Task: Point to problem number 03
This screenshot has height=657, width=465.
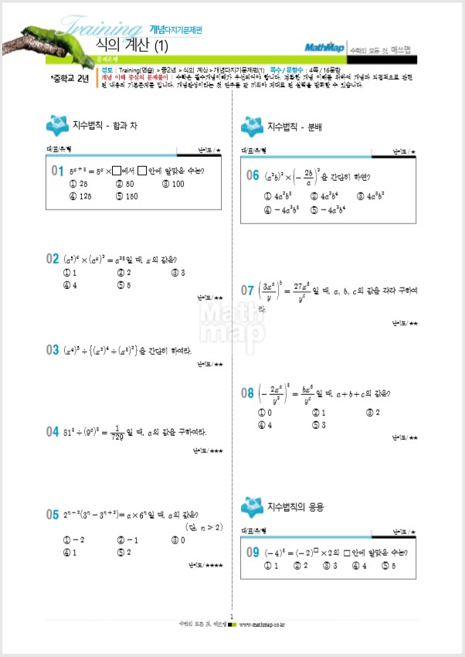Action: point(53,350)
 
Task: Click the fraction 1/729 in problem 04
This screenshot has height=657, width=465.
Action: point(141,431)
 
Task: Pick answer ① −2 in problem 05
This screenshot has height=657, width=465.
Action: point(76,540)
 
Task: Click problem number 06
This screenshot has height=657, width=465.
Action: point(253,176)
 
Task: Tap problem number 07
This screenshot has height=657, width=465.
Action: point(247,291)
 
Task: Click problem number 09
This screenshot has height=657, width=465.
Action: point(253,552)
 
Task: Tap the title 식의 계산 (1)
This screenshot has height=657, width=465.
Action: point(132,46)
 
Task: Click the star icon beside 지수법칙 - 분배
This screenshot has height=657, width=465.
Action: point(252,125)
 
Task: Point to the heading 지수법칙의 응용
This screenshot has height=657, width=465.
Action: point(295,507)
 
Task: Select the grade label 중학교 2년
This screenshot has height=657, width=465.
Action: point(70,78)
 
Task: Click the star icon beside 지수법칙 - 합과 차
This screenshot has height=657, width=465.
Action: point(57,124)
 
